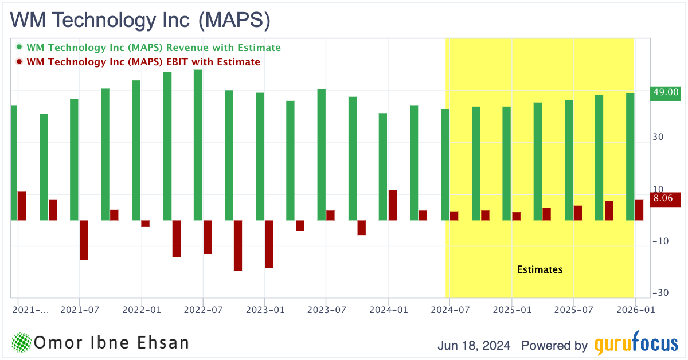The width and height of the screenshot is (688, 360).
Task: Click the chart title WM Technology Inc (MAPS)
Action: click(x=140, y=20)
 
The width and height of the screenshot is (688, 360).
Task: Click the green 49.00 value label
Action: click(x=665, y=92)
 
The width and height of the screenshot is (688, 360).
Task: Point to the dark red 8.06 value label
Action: click(x=665, y=199)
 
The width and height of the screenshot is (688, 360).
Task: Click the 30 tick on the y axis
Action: click(x=659, y=138)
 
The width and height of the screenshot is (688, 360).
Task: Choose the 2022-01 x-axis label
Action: click(x=141, y=310)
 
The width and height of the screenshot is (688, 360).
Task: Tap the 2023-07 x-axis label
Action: click(x=326, y=310)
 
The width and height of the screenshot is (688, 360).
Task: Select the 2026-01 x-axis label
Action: click(x=634, y=310)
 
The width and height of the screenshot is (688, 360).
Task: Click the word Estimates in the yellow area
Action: click(x=540, y=269)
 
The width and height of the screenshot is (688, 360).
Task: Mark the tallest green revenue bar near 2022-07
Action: click(x=198, y=143)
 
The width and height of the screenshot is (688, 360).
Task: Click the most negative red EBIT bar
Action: click(x=238, y=245)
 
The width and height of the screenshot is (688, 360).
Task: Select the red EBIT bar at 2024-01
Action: click(x=393, y=205)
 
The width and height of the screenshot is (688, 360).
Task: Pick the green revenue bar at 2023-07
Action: click(x=322, y=155)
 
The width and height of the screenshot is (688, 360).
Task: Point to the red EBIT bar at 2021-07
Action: click(x=84, y=240)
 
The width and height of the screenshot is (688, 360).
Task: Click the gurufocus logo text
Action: click(x=635, y=345)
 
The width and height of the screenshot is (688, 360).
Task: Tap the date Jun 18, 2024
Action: click(x=474, y=346)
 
